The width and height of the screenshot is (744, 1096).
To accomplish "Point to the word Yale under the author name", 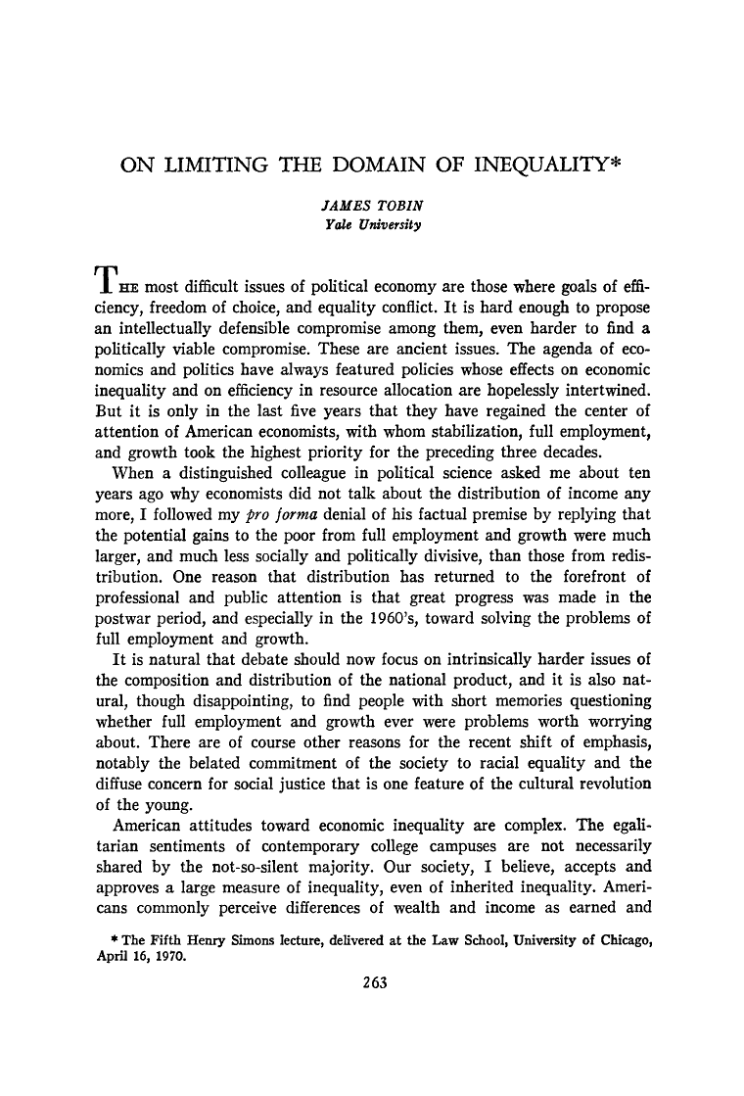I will coord(336,225).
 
